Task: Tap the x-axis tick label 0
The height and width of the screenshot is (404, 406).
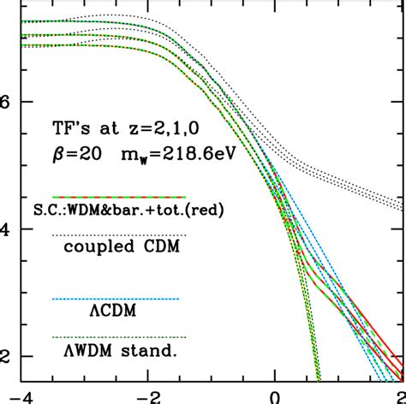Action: click(274, 395)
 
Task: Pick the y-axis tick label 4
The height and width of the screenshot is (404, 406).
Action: click(5, 229)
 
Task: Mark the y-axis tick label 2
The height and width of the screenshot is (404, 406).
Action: click(5, 356)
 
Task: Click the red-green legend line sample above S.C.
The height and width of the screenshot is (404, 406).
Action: click(119, 197)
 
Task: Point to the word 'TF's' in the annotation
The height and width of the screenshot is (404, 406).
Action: click(71, 131)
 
